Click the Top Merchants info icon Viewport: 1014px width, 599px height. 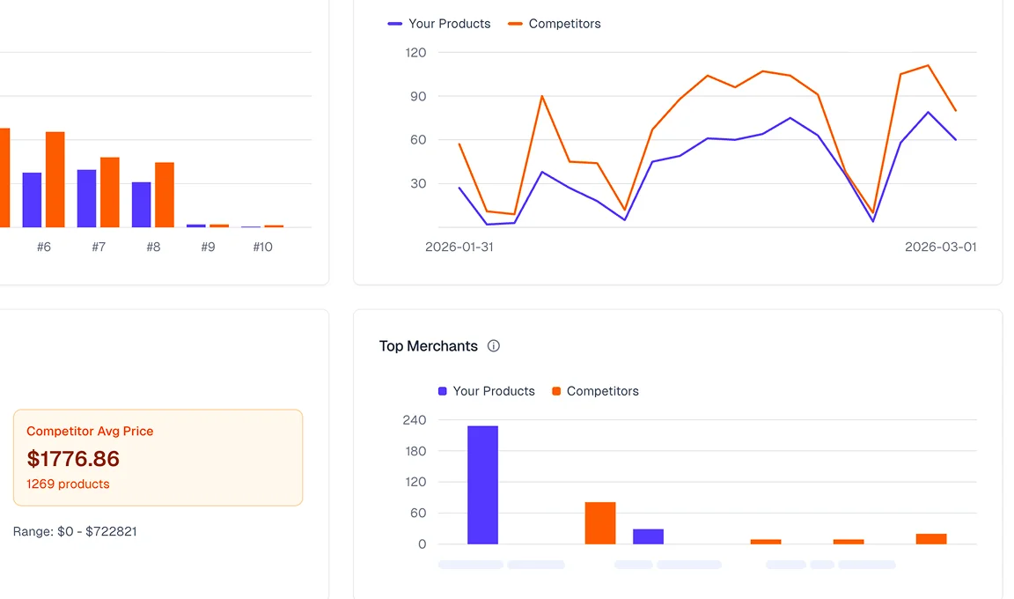494,346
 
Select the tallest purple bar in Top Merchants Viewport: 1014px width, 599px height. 482,484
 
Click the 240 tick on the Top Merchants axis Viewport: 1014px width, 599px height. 415,420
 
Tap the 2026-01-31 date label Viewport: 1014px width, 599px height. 459,248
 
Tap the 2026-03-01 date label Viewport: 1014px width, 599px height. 940,248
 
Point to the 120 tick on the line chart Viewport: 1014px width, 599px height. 415,53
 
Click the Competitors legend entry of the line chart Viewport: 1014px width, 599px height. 555,24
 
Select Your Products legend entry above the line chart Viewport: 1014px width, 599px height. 440,24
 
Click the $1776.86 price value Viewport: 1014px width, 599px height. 73,459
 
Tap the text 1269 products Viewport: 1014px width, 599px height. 68,484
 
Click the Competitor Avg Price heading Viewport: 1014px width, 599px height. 90,432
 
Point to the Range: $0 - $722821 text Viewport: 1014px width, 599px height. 75,532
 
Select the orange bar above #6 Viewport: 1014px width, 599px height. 55,180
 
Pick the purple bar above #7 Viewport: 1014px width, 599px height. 86,198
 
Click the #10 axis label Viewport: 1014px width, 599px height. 262,248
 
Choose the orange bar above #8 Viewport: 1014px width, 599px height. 165,195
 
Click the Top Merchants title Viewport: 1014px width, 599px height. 428,346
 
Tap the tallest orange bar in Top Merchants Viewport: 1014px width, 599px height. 600,523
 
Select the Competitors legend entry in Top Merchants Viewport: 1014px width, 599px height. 595,391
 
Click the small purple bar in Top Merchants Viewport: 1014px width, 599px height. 648,536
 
